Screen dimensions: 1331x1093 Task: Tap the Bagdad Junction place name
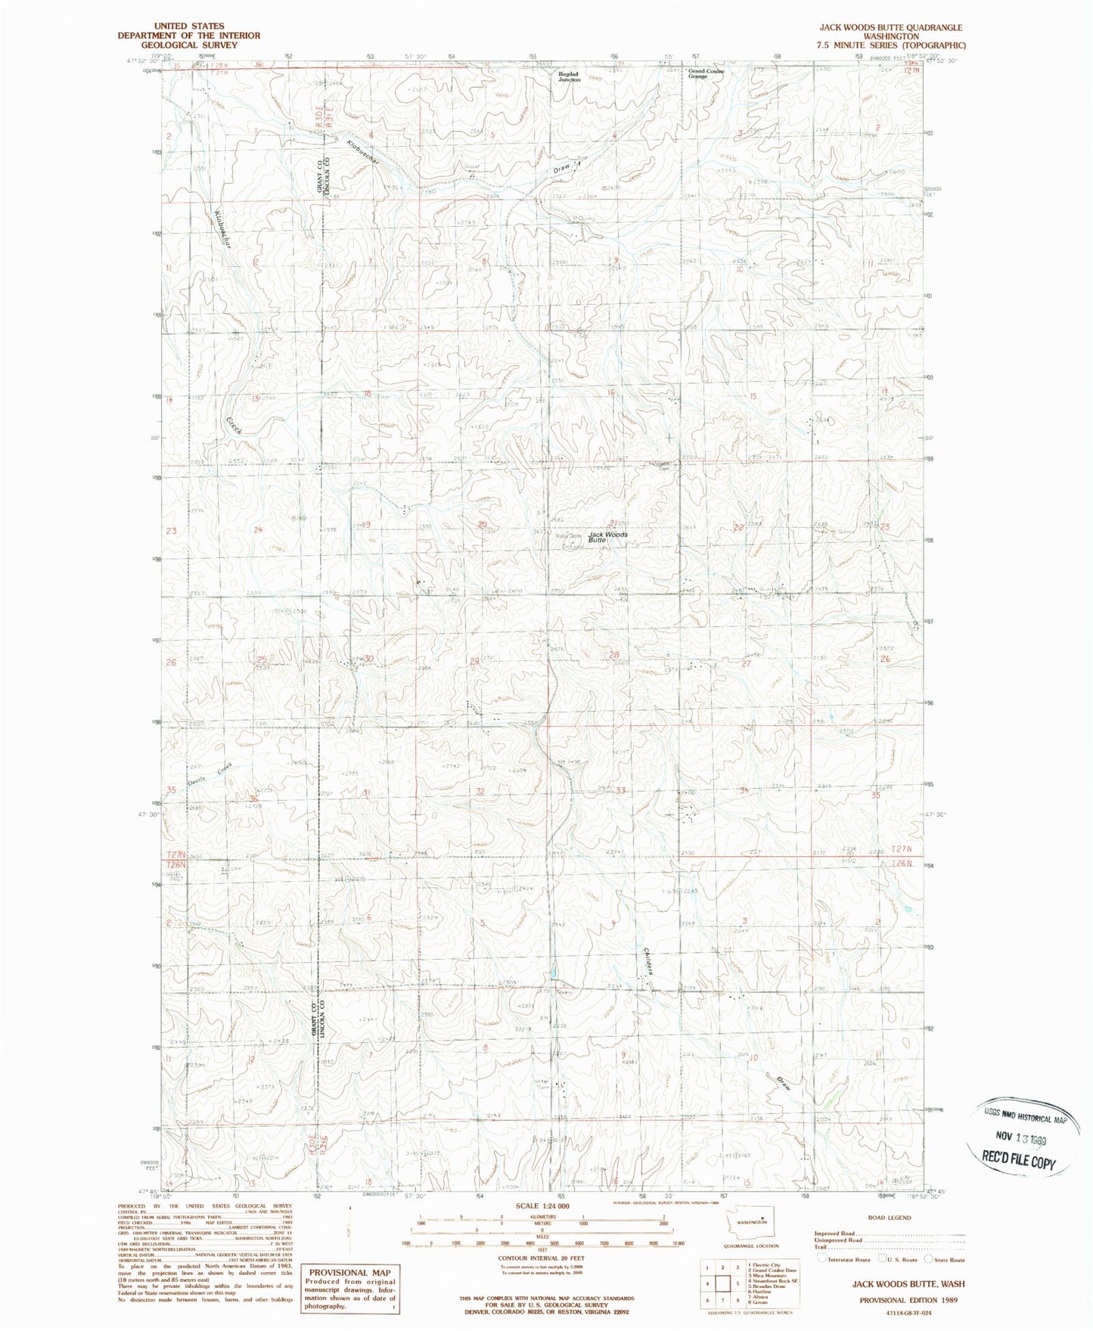[x=570, y=76]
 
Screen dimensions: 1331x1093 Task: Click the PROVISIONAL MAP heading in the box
[x=349, y=1273]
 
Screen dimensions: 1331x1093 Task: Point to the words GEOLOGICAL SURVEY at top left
[x=189, y=45]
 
